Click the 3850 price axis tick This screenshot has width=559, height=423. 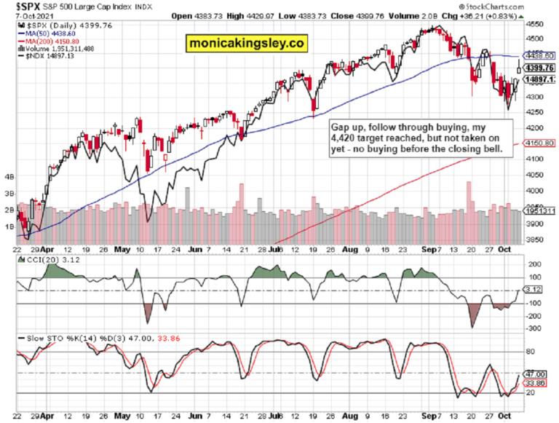(535, 240)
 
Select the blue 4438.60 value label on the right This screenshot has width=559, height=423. (539, 55)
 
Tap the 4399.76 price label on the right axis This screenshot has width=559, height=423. (539, 68)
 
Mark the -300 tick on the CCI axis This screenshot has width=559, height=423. (534, 328)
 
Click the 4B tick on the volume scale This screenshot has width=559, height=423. (9, 177)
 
